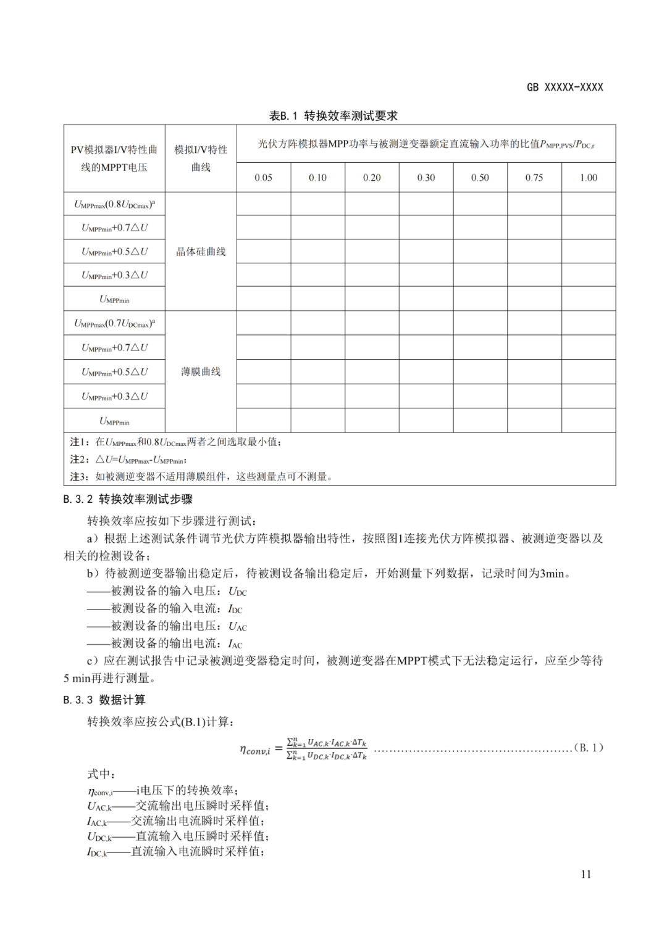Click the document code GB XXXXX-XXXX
[x=564, y=88]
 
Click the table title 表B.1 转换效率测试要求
[x=333, y=116]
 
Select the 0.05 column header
[x=263, y=178]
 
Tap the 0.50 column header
[x=480, y=178]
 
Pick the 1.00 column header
[x=589, y=178]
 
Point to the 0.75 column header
[x=534, y=178]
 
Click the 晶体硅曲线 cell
[x=201, y=252]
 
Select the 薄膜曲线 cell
[x=201, y=371]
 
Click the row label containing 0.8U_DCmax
[x=114, y=204]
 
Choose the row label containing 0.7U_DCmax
[x=114, y=323]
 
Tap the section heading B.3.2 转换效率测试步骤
[x=128, y=499]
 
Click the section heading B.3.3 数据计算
[x=104, y=700]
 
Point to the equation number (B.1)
[x=588, y=748]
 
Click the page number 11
[x=585, y=874]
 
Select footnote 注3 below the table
[x=201, y=476]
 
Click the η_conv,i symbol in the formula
[x=254, y=750]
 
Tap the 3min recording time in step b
[x=552, y=574]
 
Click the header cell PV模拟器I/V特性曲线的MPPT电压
[x=114, y=159]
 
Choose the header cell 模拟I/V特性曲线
[x=201, y=159]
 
